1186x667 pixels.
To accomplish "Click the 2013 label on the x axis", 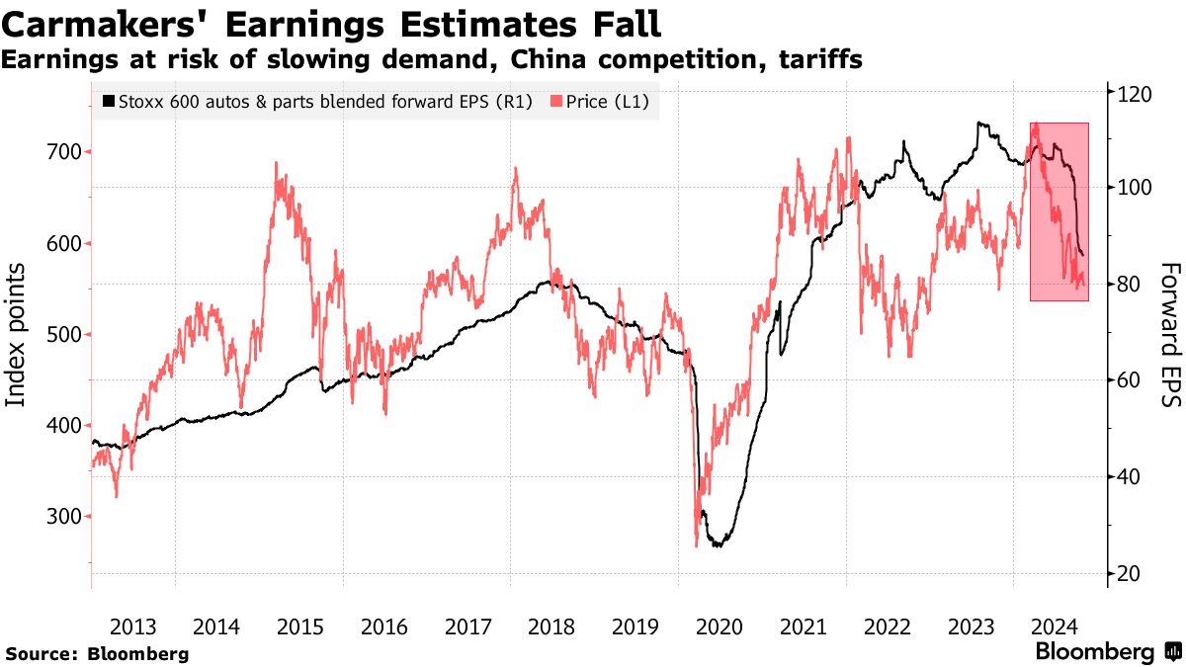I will (132, 626).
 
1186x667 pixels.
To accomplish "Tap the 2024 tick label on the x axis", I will (1054, 626).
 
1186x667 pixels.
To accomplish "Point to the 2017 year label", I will (467, 626).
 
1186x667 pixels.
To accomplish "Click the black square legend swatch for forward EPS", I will (109, 101).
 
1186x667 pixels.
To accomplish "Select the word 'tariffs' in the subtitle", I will (822, 60).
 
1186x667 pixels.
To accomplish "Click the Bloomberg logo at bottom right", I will (1106, 652).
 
